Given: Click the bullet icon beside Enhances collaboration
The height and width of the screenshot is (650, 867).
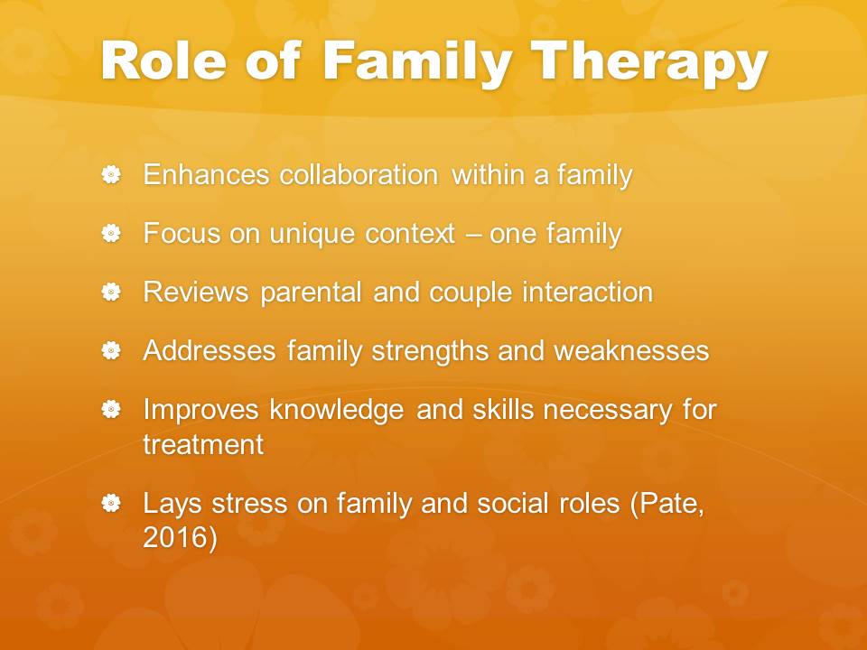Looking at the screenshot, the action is (x=111, y=174).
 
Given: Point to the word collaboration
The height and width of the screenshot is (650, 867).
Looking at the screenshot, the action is (x=359, y=174).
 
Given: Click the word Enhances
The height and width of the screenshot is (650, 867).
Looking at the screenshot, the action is (x=206, y=174).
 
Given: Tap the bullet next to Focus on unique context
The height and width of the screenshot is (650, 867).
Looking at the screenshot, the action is (x=111, y=233).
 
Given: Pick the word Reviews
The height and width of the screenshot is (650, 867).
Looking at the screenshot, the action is (x=196, y=292).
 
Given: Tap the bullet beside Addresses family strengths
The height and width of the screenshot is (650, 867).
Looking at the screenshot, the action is (x=111, y=350).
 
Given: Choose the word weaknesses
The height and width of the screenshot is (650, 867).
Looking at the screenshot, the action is (x=631, y=351).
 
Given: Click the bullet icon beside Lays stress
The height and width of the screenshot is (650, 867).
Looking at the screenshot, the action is (x=111, y=503).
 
